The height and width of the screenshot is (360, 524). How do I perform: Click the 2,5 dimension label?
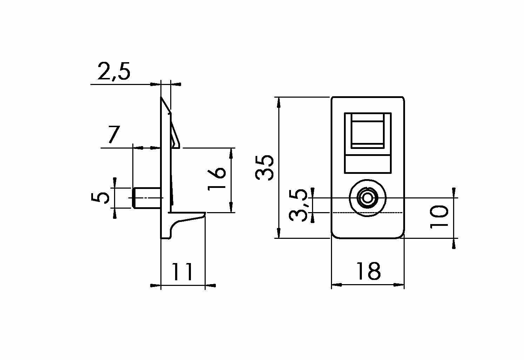[114, 71]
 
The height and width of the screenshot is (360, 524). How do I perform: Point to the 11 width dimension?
[182, 271]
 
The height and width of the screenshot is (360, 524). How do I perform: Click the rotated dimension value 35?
[265, 168]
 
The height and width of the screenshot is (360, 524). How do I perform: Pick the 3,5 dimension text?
[298, 205]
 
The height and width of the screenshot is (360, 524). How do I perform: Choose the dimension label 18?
[368, 271]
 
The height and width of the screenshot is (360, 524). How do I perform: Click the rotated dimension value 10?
[439, 216]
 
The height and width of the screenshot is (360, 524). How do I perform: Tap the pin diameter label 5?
[100, 197]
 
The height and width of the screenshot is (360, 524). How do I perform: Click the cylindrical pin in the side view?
[146, 198]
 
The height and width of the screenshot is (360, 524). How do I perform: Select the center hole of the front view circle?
[367, 198]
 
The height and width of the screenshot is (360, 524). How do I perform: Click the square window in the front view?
[367, 132]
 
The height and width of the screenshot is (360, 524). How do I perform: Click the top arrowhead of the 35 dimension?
[278, 103]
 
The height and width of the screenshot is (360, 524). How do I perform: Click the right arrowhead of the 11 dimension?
[211, 286]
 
